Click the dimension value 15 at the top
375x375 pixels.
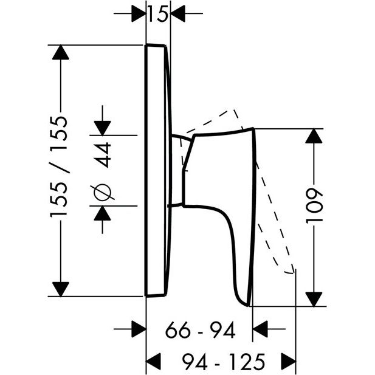click(x=158, y=13)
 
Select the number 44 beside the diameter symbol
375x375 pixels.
click(x=105, y=155)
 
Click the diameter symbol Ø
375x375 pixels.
click(x=102, y=192)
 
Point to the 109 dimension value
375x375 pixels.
click(x=315, y=205)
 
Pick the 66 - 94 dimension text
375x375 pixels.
click(x=201, y=329)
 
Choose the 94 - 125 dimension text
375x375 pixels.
click(x=224, y=361)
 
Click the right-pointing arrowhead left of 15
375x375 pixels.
click(x=139, y=13)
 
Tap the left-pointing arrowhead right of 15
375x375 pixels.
click(x=178, y=13)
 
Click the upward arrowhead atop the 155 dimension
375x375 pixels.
click(x=61, y=52)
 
